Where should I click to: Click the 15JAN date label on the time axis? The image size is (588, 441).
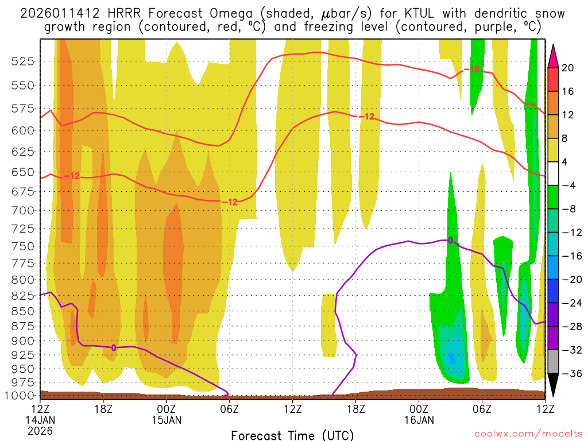tap(166, 420)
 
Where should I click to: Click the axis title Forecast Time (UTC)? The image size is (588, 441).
tap(292, 435)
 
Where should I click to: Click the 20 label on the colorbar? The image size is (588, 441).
tap(568, 68)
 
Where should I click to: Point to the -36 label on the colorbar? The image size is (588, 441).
tap(570, 374)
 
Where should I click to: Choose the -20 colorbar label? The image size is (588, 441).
tap(570, 280)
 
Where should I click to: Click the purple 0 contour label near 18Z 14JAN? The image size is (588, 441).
tap(114, 347)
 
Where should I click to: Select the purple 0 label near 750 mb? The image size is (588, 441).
tap(450, 240)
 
